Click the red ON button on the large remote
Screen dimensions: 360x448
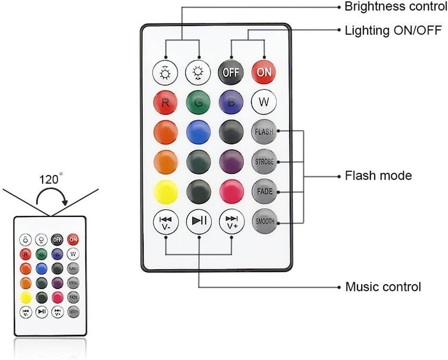pos(264,72)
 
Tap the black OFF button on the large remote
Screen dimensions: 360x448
pos(231,72)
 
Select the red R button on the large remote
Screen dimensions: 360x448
pos(165,102)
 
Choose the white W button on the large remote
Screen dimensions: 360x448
pos(264,102)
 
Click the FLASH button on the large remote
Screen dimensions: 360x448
pos(264,132)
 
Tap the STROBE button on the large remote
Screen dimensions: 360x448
pos(264,162)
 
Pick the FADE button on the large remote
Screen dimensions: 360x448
pos(264,192)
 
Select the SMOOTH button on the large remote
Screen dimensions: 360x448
pos(264,221)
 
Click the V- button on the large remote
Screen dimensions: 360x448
pos(165,221)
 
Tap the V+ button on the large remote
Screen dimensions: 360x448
pos(231,221)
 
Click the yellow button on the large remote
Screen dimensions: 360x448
pos(165,192)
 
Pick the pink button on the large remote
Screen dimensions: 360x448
pos(231,192)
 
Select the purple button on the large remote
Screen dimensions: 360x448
pos(231,162)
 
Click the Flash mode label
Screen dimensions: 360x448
pos(378,176)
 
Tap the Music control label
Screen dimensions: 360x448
pos(383,287)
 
